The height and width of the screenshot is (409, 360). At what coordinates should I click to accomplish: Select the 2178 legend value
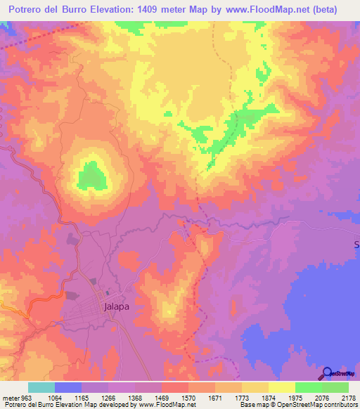(348, 398)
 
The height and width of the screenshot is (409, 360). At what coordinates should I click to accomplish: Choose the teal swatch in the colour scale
(41, 387)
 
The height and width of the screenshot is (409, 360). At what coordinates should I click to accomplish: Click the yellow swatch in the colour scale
(281, 387)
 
